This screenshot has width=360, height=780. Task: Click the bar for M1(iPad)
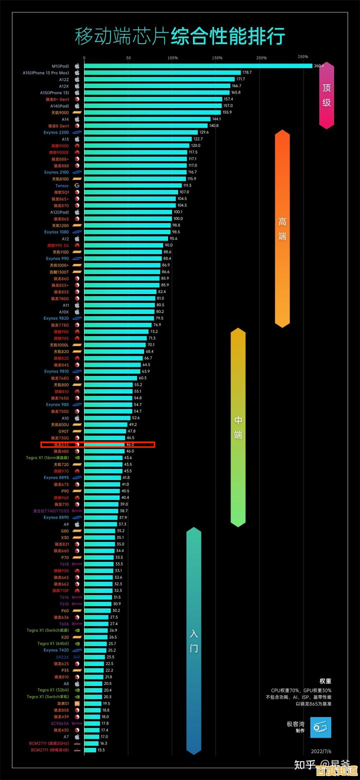[x=198, y=66]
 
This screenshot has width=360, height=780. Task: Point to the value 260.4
[x=319, y=66]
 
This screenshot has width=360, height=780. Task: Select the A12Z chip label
[x=63, y=79]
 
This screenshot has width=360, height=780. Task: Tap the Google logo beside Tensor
[x=77, y=185]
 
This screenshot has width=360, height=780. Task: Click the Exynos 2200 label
[x=56, y=132]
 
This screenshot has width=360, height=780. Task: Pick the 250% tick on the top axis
[x=302, y=57]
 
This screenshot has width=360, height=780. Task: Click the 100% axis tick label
[x=172, y=58]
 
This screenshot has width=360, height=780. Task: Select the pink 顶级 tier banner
[x=326, y=95]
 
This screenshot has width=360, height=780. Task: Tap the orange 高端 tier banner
[x=282, y=228]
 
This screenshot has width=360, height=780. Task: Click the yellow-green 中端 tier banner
[x=238, y=427]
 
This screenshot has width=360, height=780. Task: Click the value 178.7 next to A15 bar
[x=247, y=73]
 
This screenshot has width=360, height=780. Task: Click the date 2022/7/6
[x=321, y=751]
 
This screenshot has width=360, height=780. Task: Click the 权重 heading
[x=325, y=680]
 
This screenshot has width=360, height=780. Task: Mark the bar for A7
[x=91, y=736]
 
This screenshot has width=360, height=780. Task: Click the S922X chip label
[x=62, y=657]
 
